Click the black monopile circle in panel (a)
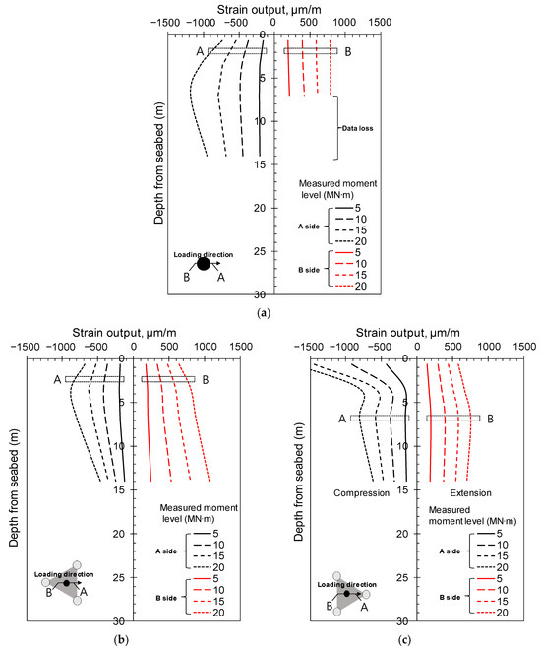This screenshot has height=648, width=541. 203,263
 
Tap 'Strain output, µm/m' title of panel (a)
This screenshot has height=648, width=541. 263,8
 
